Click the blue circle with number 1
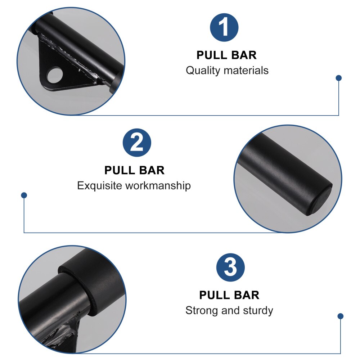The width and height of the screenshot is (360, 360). [x=224, y=28]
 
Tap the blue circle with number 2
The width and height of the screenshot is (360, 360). [x=137, y=143]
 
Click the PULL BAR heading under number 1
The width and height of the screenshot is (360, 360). [x=226, y=55]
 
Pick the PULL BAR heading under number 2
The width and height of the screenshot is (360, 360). [x=134, y=170]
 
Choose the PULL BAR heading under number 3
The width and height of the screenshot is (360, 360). [x=229, y=295]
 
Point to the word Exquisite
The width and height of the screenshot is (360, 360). [x=100, y=186]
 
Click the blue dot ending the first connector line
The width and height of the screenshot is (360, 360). [x=338, y=78]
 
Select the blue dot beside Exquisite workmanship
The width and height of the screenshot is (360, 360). [x=24, y=195]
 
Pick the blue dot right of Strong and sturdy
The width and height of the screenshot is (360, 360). [x=340, y=316]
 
